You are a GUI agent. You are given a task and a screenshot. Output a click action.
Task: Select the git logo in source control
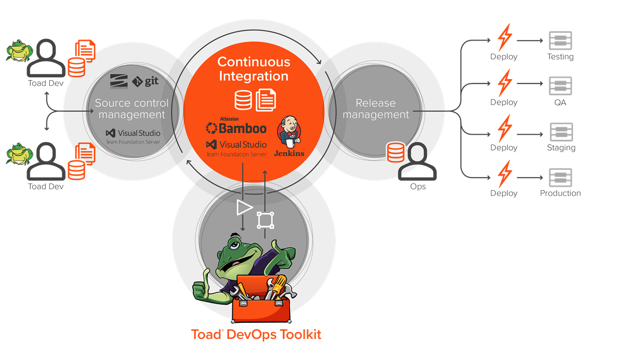tap(145, 81)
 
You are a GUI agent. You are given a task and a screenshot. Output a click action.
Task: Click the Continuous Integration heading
tap(253, 69)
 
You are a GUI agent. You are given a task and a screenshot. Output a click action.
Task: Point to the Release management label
tap(375, 109)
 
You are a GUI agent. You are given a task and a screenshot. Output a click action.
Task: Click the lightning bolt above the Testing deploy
tap(505, 37)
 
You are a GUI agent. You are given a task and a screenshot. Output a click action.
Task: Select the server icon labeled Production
tap(560, 178)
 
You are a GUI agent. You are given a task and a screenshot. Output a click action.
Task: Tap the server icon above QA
tap(560, 86)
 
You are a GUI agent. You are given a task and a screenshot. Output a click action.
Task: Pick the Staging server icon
tap(561, 132)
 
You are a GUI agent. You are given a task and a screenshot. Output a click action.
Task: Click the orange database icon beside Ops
tap(395, 152)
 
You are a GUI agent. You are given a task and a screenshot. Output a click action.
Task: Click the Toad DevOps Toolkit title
tap(256, 334)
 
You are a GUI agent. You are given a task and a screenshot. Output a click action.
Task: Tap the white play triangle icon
tap(244, 208)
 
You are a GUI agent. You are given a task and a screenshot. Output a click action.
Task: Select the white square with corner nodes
tap(265, 220)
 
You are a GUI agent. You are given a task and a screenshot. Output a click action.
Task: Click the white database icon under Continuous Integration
tap(243, 100)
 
